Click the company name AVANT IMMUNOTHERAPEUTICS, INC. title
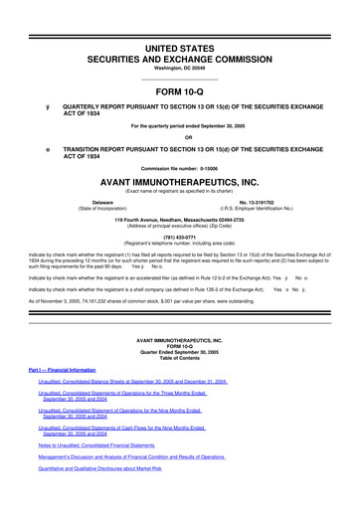(x=179, y=184)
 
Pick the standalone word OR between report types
(x=179, y=136)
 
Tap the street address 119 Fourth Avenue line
(x=179, y=218)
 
